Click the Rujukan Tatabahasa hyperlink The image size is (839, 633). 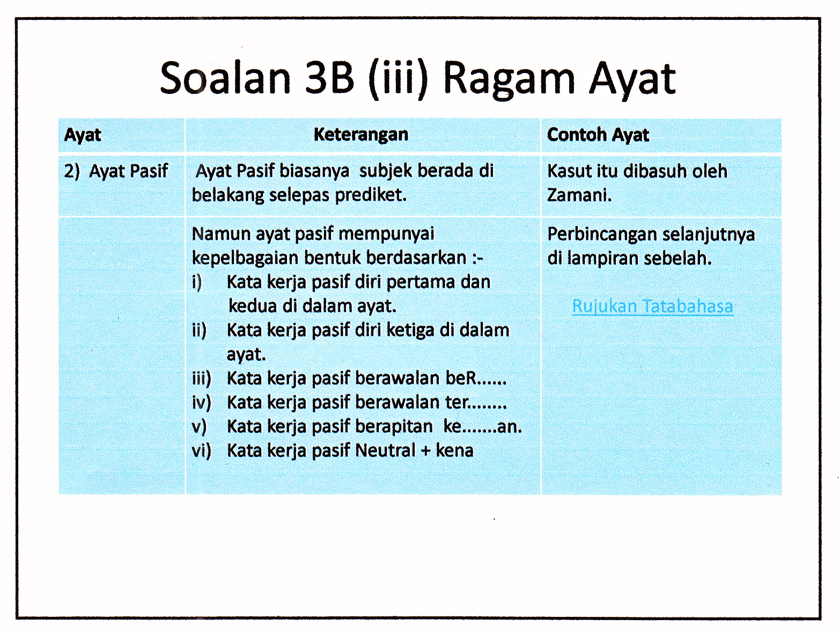point(652,306)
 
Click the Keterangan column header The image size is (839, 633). point(361,134)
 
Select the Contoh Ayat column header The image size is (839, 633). point(598,135)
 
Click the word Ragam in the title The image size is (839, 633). point(509,79)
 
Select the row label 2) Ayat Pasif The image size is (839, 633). point(116,171)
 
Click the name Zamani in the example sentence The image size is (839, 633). point(578,195)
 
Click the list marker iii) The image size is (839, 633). point(202,379)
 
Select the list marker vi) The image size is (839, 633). point(202,450)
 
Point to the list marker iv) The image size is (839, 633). point(202,403)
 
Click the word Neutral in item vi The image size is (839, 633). point(385,450)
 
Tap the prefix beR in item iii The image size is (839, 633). point(461,378)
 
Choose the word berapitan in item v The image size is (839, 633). point(394,426)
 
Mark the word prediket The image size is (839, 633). point(370,195)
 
